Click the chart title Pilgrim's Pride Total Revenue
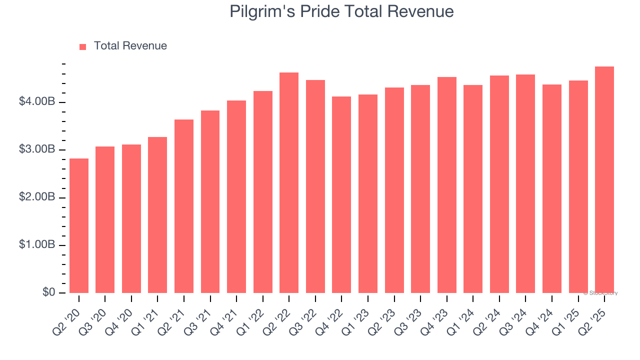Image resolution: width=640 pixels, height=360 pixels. click(341, 11)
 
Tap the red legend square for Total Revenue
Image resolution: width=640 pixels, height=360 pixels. click(83, 46)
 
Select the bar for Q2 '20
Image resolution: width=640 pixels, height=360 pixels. click(79, 225)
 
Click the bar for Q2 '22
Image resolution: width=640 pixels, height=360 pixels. click(289, 182)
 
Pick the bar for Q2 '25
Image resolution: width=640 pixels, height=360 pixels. click(604, 179)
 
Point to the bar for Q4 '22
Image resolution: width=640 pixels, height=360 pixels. click(341, 194)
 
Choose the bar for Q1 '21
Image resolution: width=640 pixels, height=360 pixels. click(157, 215)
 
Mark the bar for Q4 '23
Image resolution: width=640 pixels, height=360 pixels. click(446, 185)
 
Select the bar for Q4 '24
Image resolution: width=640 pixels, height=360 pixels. click(552, 188)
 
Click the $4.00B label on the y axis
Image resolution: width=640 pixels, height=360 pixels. click(37, 102)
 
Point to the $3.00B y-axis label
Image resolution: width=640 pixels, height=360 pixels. click(37, 149)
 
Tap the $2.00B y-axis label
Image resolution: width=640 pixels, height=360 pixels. click(37, 197)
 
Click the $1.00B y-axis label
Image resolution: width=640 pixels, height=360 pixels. click(37, 244)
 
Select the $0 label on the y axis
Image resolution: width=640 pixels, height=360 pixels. click(48, 292)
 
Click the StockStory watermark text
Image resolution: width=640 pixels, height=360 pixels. click(600, 293)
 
